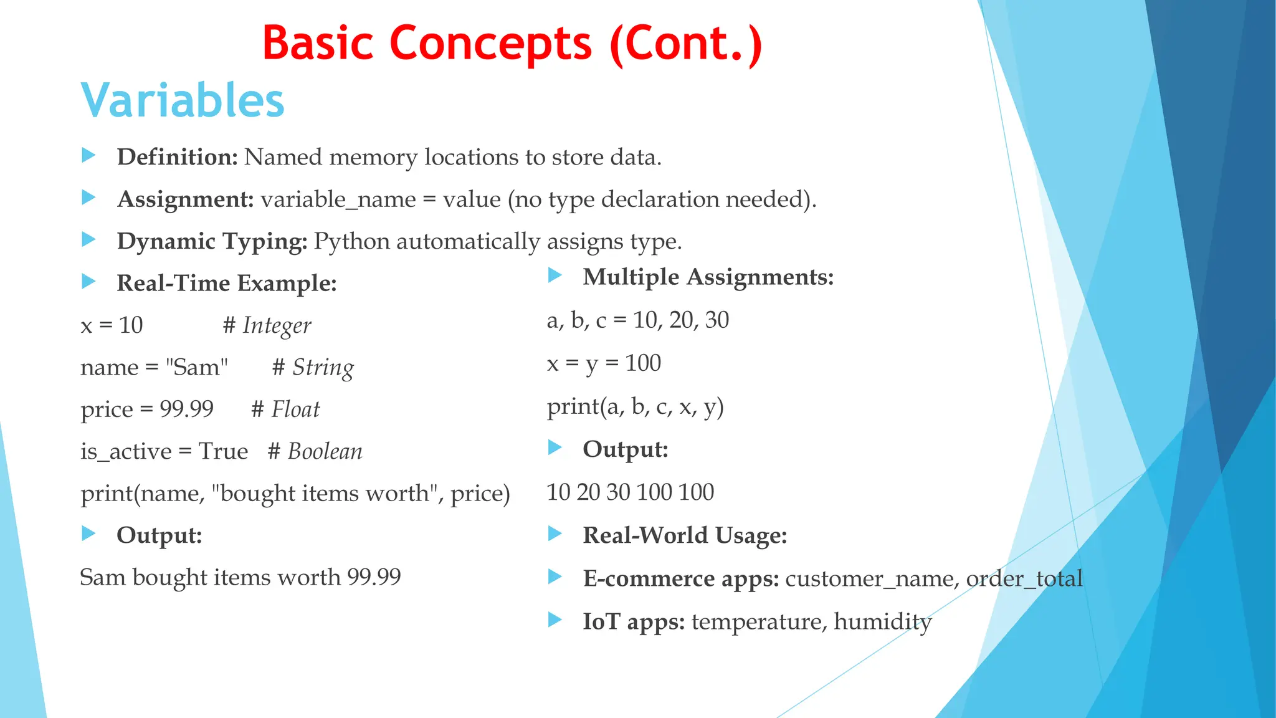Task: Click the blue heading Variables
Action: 183,100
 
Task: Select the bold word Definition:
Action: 177,157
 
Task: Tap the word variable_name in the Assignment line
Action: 338,199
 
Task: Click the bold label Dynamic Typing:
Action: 212,241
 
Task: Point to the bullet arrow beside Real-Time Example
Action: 88,282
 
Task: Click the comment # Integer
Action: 267,325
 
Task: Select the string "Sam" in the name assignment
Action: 197,367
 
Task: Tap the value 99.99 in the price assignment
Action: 186,409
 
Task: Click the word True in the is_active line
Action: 223,451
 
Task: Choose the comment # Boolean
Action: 315,451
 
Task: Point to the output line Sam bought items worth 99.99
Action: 240,577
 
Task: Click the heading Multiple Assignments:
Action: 708,277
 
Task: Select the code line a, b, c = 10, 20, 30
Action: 637,320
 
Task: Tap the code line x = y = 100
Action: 603,363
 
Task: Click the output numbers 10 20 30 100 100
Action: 630,492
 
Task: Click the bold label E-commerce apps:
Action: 680,578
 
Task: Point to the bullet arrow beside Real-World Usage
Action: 555,534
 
